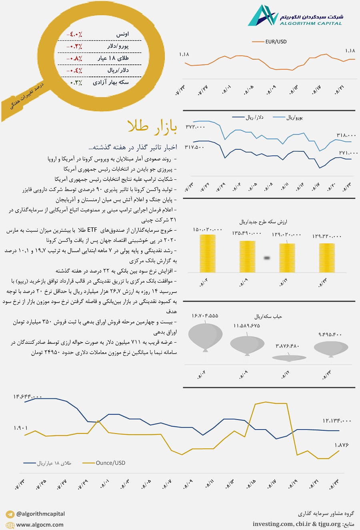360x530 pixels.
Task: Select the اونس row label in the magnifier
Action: (x=122, y=34)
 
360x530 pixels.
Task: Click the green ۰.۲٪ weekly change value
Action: (x=76, y=82)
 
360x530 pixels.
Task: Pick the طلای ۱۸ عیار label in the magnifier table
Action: (x=113, y=58)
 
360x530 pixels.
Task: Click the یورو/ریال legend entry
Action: (x=294, y=118)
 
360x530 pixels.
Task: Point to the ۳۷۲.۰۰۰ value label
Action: (x=195, y=127)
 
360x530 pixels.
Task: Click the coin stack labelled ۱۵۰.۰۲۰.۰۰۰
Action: (x=207, y=253)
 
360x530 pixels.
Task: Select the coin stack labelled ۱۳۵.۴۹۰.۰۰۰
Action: (x=247, y=256)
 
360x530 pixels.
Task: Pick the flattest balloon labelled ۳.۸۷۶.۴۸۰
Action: (x=289, y=358)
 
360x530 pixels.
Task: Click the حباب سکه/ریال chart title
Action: (x=268, y=316)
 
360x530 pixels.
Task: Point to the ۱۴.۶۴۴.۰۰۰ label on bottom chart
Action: (x=28, y=397)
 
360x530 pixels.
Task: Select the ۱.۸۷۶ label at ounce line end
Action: (x=342, y=445)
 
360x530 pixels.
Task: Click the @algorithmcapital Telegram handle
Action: (x=40, y=514)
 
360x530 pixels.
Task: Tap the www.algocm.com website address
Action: (x=40, y=525)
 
